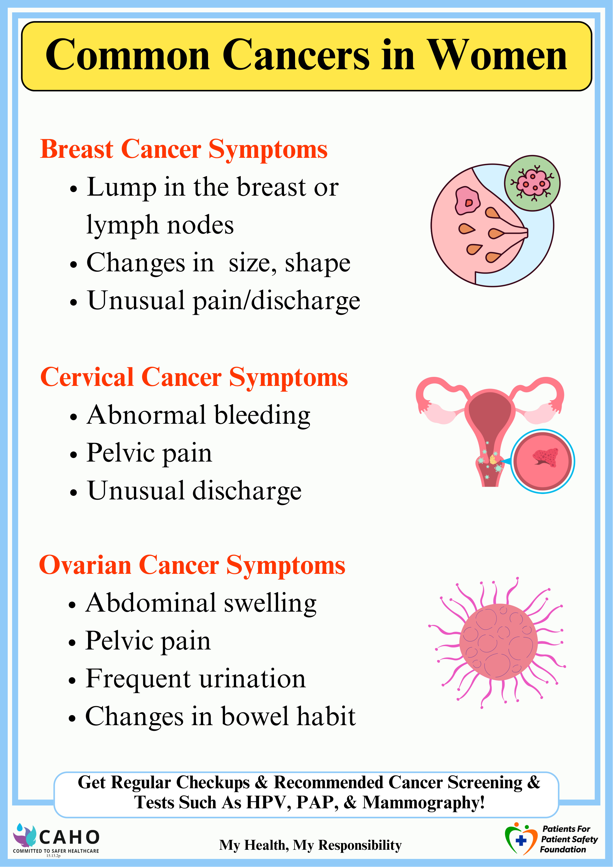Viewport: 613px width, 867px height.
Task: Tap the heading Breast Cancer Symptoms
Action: point(184,150)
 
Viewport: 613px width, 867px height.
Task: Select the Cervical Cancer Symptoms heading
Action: point(194,378)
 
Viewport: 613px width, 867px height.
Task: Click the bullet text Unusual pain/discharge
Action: point(223,301)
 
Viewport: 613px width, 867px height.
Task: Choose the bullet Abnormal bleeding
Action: point(198,415)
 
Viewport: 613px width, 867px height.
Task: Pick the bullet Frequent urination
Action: point(195,679)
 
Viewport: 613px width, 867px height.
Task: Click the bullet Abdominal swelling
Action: point(201,603)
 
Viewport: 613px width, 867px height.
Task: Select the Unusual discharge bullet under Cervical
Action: point(194,491)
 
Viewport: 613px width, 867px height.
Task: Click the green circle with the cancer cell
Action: point(532,183)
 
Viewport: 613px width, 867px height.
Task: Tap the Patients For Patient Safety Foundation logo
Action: point(551,840)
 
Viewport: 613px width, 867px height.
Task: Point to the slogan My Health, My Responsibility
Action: point(310,845)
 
